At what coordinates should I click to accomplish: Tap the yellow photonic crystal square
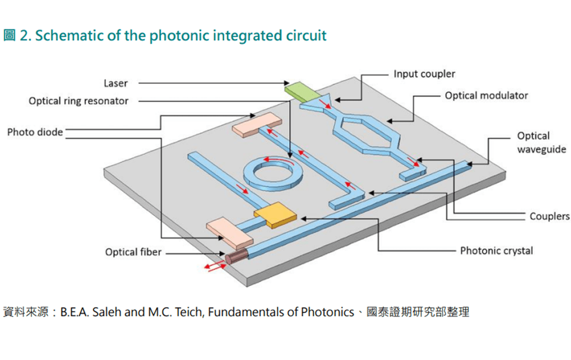275,215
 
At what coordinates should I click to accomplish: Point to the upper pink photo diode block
257,125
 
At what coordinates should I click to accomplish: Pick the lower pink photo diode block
229,233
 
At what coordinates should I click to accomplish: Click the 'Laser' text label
116,83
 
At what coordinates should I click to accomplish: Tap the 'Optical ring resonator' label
79,101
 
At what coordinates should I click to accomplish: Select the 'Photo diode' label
35,132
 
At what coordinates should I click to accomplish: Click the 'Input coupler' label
424,74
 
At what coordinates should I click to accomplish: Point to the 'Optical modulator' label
486,95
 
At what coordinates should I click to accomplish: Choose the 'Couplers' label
550,216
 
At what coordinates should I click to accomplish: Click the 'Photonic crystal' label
496,250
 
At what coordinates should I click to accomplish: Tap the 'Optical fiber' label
133,252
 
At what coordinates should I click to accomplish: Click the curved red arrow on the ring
279,160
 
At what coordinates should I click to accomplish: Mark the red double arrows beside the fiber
215,266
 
